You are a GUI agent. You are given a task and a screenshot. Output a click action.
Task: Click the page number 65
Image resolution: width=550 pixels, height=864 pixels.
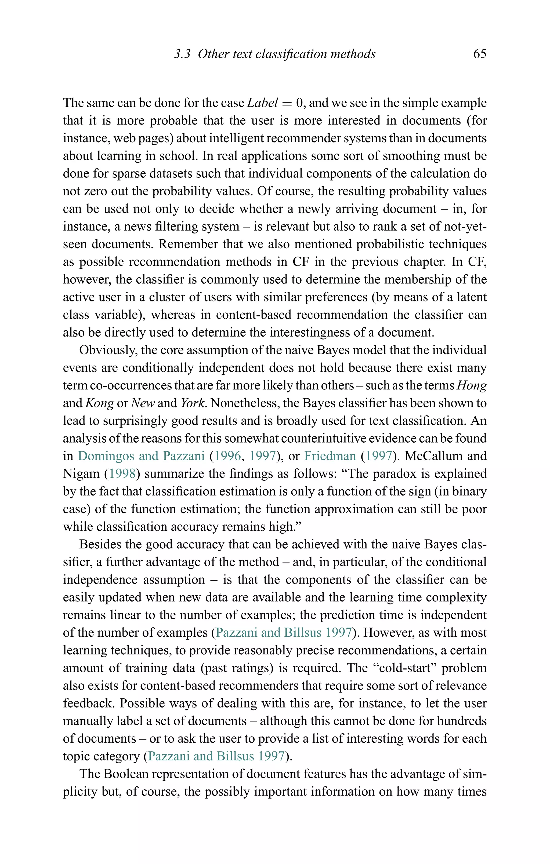coord(480,54)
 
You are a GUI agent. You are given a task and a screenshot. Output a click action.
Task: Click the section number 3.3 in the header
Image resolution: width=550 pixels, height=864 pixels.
coord(182,54)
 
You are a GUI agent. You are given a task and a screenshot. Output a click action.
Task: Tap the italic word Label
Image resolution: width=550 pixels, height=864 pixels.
coord(262,103)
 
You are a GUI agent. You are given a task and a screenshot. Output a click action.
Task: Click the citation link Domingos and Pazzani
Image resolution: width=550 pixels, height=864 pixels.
coord(141,456)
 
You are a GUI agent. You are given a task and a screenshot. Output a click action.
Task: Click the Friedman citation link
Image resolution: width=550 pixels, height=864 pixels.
coord(330,456)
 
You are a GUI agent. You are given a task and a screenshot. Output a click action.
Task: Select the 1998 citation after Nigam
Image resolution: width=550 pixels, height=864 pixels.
coord(122,474)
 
